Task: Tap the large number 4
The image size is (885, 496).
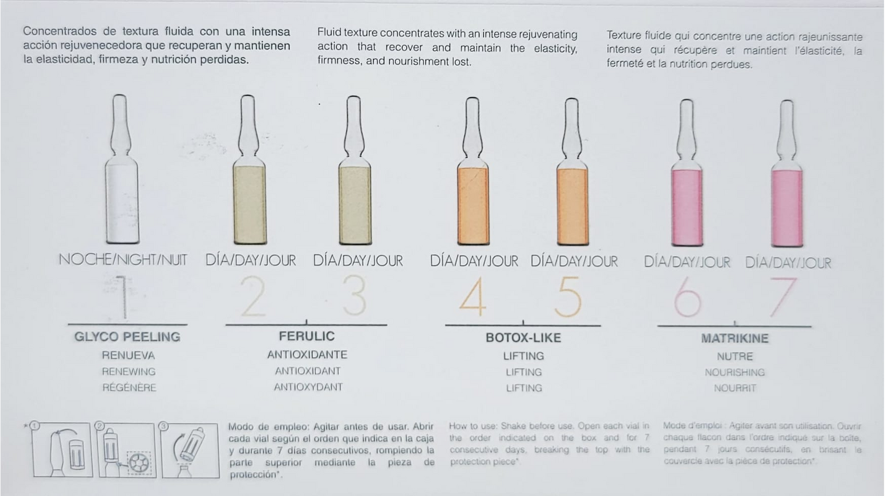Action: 472,298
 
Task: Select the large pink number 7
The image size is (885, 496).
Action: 783,298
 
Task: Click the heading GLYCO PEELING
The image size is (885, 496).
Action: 127,337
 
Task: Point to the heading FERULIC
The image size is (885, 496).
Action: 307,336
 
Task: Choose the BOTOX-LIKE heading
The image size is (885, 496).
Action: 523,338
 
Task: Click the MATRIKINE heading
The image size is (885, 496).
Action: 734,339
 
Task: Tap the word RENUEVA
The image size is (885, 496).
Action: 128,355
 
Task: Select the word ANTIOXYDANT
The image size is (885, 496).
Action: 308,387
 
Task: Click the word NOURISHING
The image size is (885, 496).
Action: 734,372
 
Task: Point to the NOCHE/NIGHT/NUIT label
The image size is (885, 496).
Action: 123,260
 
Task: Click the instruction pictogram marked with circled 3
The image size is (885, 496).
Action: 190,450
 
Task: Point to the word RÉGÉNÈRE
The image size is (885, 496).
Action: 129,388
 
